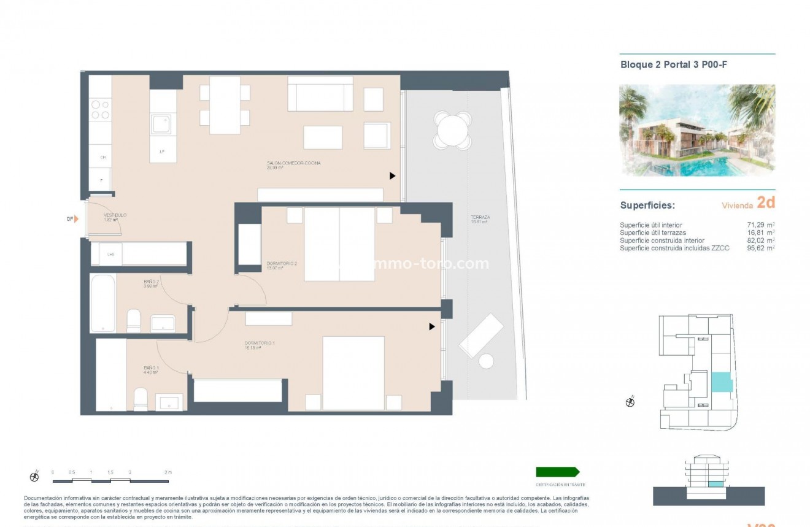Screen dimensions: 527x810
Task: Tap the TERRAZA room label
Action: (480, 219)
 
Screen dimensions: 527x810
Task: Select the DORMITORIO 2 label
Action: (282, 265)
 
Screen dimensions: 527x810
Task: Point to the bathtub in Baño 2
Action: (103, 303)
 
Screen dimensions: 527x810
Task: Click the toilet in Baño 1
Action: (141, 399)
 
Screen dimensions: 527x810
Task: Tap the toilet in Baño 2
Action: (134, 321)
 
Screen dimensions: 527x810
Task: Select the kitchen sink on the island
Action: (162, 124)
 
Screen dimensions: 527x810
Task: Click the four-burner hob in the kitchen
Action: (100, 109)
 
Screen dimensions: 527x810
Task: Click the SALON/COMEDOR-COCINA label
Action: (293, 164)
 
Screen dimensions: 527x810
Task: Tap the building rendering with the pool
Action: (697, 130)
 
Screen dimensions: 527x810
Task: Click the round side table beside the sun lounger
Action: (487, 361)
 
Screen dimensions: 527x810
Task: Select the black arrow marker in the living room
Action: (392, 175)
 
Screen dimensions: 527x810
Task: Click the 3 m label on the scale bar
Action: (168, 472)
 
